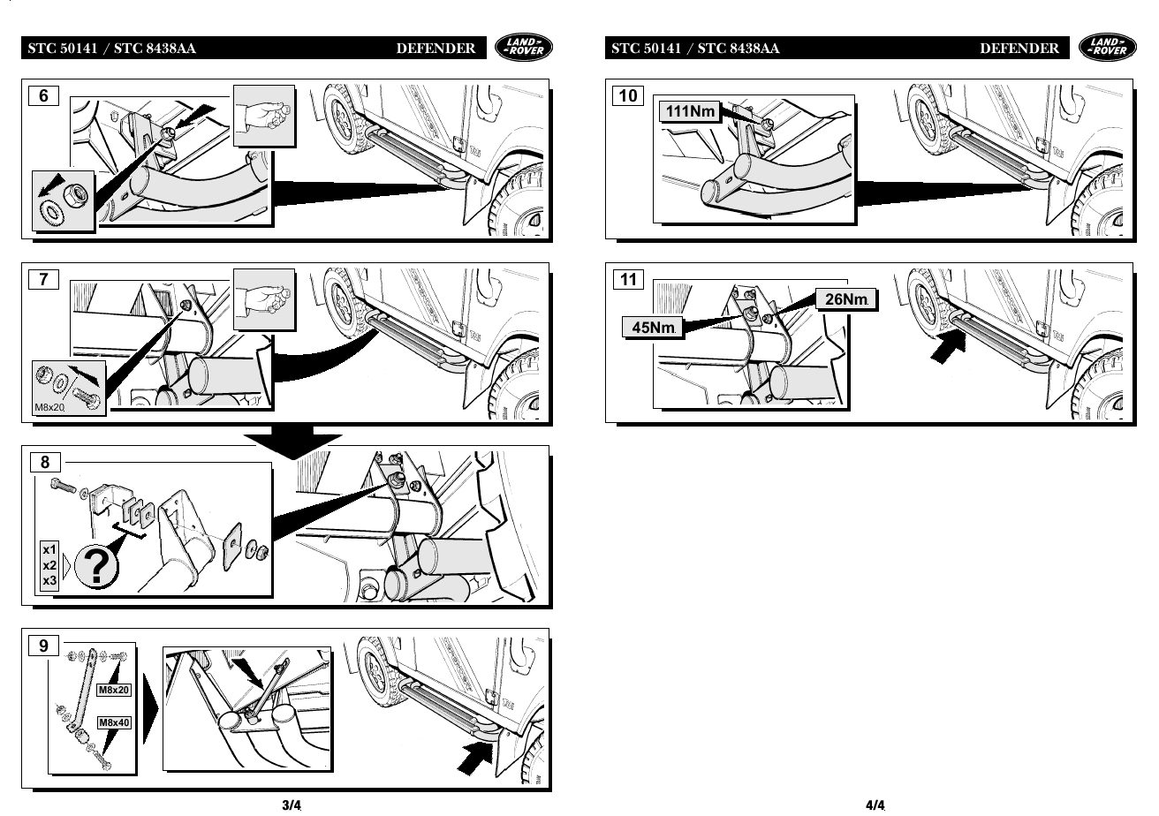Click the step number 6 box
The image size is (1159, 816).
click(43, 95)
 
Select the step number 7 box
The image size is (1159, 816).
click(43, 279)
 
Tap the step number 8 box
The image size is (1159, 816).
click(45, 462)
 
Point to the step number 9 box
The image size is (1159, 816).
click(43, 646)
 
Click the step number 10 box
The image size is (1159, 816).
click(627, 95)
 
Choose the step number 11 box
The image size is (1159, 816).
click(627, 279)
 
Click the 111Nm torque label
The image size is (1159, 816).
click(690, 111)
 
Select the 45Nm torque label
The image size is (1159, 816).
click(653, 328)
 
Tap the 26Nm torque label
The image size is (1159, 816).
click(846, 298)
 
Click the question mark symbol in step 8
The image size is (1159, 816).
click(97, 567)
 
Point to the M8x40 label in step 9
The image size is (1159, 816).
click(114, 722)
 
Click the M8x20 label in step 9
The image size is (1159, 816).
click(114, 690)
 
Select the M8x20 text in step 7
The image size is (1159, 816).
click(49, 407)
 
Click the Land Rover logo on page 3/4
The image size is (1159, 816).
click(524, 48)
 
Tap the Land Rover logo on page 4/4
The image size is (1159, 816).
click(1107, 48)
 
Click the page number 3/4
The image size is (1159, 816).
click(292, 805)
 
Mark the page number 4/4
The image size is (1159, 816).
click(875, 805)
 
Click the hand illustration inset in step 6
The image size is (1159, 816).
click(264, 116)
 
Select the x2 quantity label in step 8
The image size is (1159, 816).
click(49, 565)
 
